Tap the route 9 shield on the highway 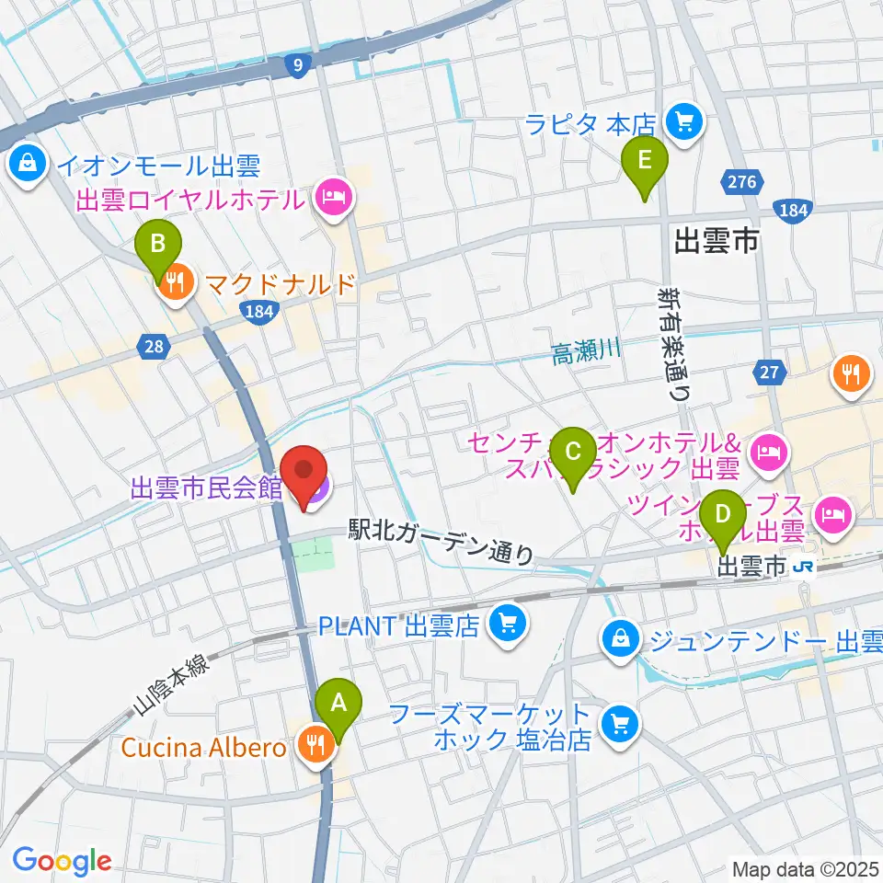(296, 64)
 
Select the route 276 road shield (741, 182)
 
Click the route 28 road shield (154, 347)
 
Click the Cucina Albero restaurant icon (315, 746)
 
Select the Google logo (62, 861)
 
